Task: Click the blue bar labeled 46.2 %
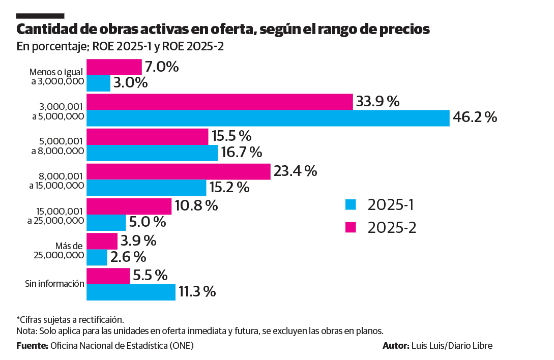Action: pos(268,118)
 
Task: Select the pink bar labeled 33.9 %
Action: pos(220,102)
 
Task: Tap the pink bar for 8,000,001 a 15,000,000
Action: pos(178,171)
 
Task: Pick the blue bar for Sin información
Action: pos(131,292)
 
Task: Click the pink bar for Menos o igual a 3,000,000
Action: pos(114,67)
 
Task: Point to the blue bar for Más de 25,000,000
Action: pos(97,257)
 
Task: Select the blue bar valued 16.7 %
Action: pos(152,153)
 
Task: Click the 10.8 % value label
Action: pos(196,205)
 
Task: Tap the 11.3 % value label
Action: pos(197,292)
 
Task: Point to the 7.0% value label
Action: pos(162,67)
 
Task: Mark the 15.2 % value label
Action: pos(230,187)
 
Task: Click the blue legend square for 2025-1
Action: pos(351,205)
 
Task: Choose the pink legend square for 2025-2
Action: pos(351,227)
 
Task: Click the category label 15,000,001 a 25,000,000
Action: pos(56,215)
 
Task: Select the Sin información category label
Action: pos(54,284)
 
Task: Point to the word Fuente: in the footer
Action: pos(32,346)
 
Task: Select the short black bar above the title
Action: pos(40,16)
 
